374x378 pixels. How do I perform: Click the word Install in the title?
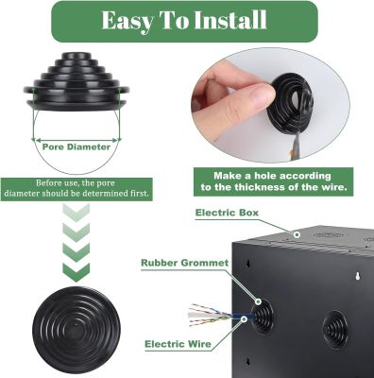(x=230, y=20)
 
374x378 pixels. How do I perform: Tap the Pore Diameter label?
(x=76, y=146)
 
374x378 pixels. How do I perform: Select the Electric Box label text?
(x=227, y=213)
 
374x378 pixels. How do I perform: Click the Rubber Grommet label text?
(x=185, y=263)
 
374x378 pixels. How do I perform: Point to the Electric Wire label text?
(x=178, y=344)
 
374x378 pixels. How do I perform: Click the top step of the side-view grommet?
(x=76, y=56)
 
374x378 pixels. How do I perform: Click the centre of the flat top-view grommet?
(x=76, y=329)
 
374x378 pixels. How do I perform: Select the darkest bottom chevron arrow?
(x=76, y=272)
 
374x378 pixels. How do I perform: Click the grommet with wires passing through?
(x=262, y=317)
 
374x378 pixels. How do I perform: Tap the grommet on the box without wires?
(x=335, y=329)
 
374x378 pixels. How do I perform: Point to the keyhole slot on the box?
(x=358, y=276)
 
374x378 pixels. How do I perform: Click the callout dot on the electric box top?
(x=297, y=234)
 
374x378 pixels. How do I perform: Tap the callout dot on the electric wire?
(x=244, y=318)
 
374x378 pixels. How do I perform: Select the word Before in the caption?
(x=47, y=183)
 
